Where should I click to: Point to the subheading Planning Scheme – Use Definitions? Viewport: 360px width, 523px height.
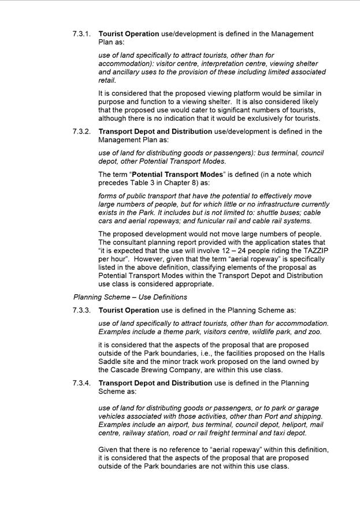click(130, 297)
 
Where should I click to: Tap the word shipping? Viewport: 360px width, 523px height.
click(306, 417)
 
